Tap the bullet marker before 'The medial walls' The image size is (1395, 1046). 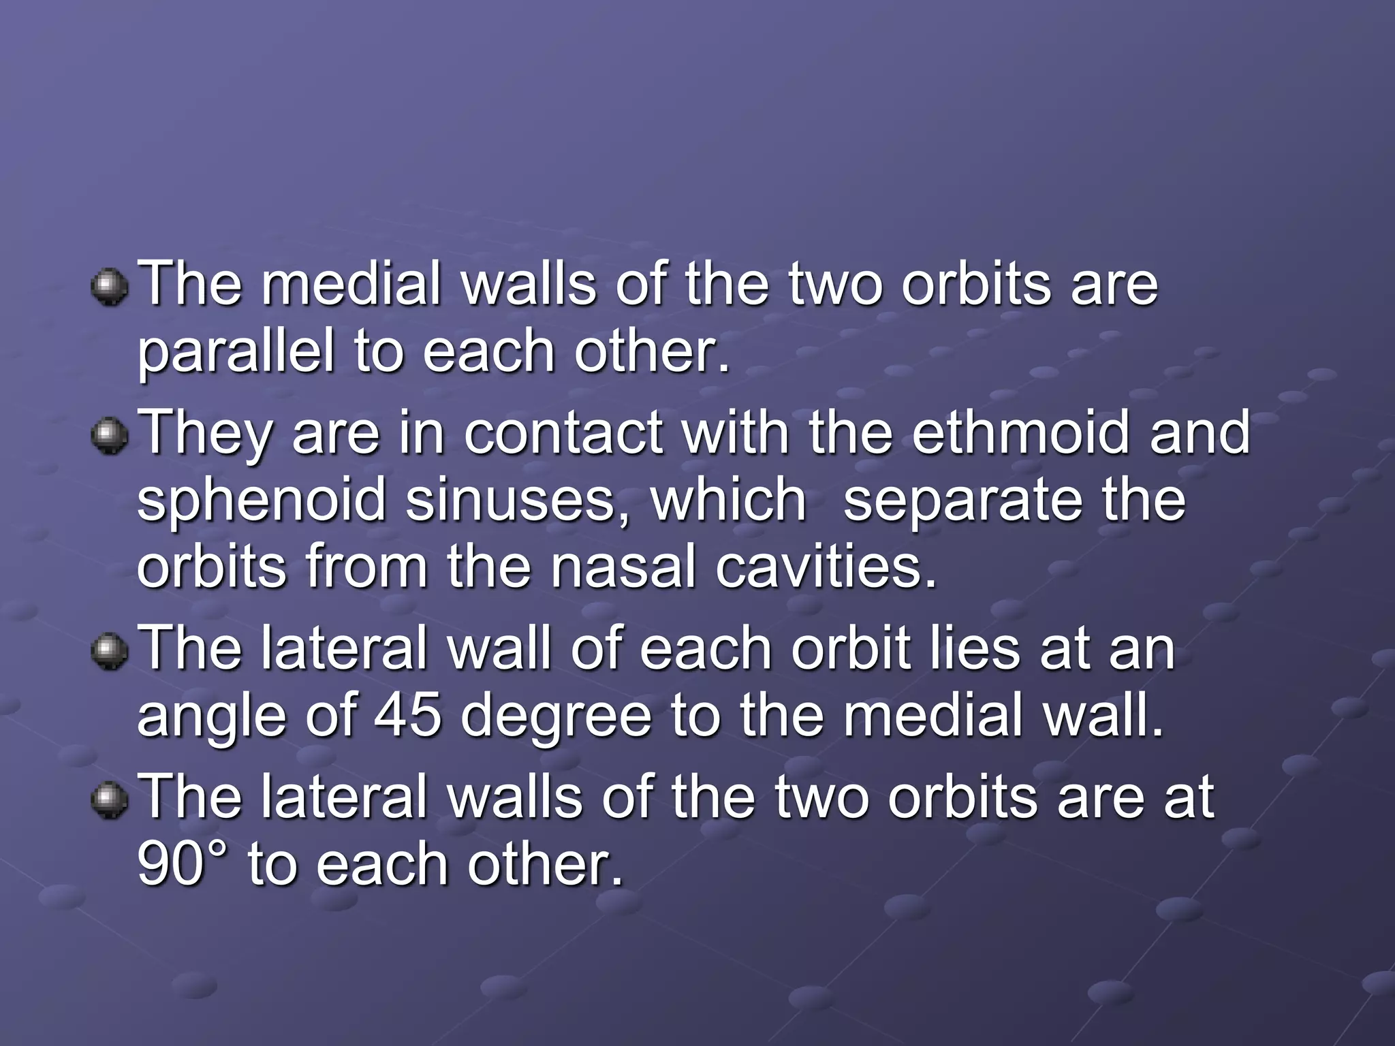109,287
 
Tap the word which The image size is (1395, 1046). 728,501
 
